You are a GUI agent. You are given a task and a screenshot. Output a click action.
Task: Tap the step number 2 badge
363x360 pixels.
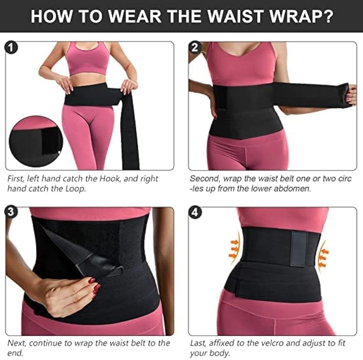(195, 47)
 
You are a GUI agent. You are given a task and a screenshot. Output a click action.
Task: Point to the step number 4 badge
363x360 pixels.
(195, 212)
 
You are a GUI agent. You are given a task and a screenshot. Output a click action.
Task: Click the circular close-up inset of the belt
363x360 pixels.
(36, 141)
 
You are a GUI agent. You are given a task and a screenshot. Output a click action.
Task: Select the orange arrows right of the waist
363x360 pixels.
(323, 257)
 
